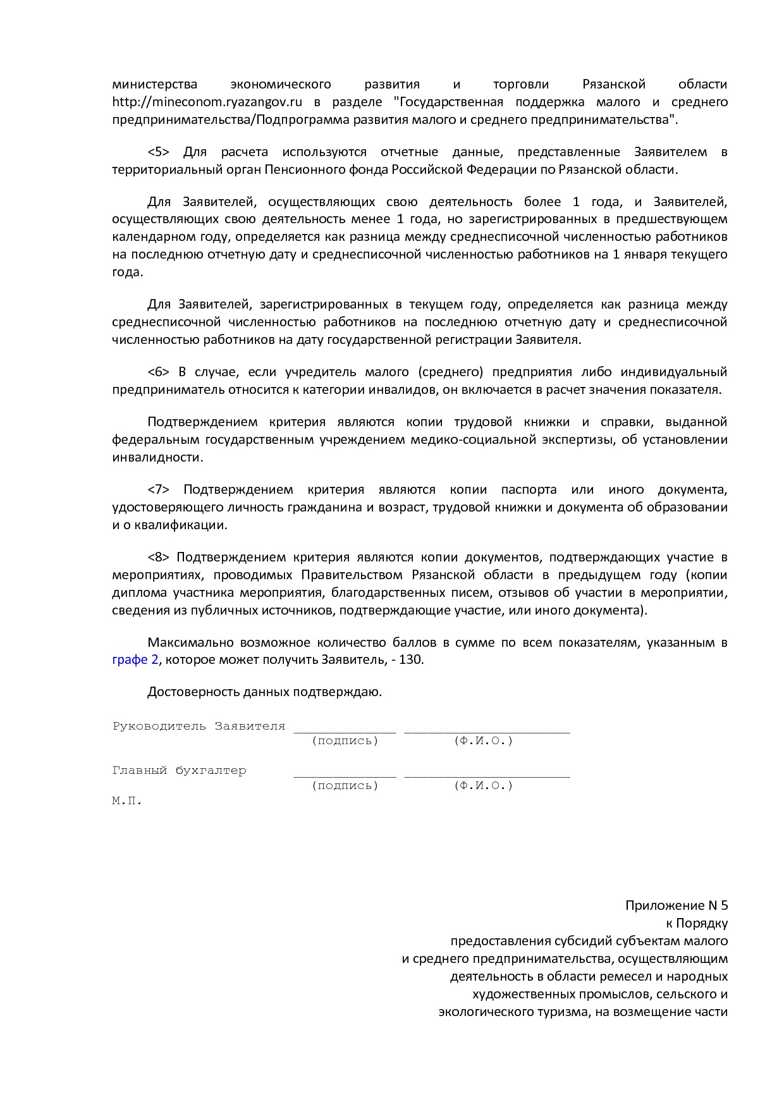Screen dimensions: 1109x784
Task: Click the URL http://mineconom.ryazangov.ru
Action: pos(207,102)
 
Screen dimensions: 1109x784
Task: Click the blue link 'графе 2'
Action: pos(135,659)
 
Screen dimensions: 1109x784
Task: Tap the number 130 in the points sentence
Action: pos(411,659)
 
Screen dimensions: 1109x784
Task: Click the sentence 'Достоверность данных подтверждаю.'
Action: pos(264,692)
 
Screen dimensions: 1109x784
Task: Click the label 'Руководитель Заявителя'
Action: pos(199,726)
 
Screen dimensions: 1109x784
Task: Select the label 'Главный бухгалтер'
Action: pos(179,770)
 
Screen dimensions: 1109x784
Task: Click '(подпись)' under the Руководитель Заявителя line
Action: pos(345,740)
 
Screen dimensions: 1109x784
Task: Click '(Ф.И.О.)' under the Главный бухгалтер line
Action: pos(484,785)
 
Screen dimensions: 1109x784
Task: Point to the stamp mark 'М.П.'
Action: pos(127,800)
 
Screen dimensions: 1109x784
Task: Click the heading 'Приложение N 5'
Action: pos(677,905)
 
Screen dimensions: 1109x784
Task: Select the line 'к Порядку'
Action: pos(696,923)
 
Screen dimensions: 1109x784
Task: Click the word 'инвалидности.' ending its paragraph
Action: pos(157,457)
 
